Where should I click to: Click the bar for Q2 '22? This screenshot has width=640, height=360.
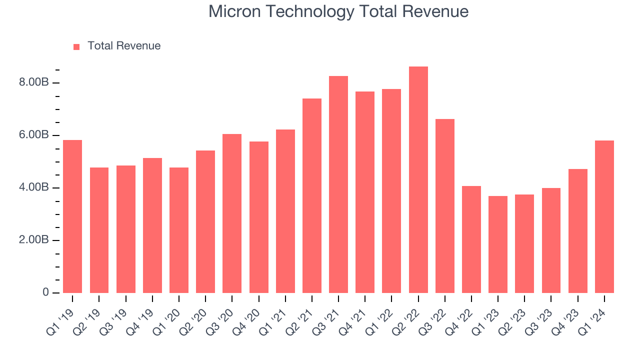(x=418, y=180)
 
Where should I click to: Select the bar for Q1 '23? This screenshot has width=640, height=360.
(x=498, y=244)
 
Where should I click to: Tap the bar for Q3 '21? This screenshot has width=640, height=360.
(x=338, y=184)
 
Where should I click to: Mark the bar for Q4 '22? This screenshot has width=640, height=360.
(x=471, y=239)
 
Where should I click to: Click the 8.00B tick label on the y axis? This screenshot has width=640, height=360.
(x=34, y=82)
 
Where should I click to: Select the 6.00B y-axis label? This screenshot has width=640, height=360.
(x=34, y=135)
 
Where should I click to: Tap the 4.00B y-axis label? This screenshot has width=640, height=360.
(x=34, y=187)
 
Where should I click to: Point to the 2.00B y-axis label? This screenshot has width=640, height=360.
(x=34, y=240)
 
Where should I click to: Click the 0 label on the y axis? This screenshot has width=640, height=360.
(x=45, y=292)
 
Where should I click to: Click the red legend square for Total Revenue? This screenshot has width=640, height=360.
(x=76, y=46)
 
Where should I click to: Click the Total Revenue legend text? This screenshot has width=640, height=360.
(x=124, y=46)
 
